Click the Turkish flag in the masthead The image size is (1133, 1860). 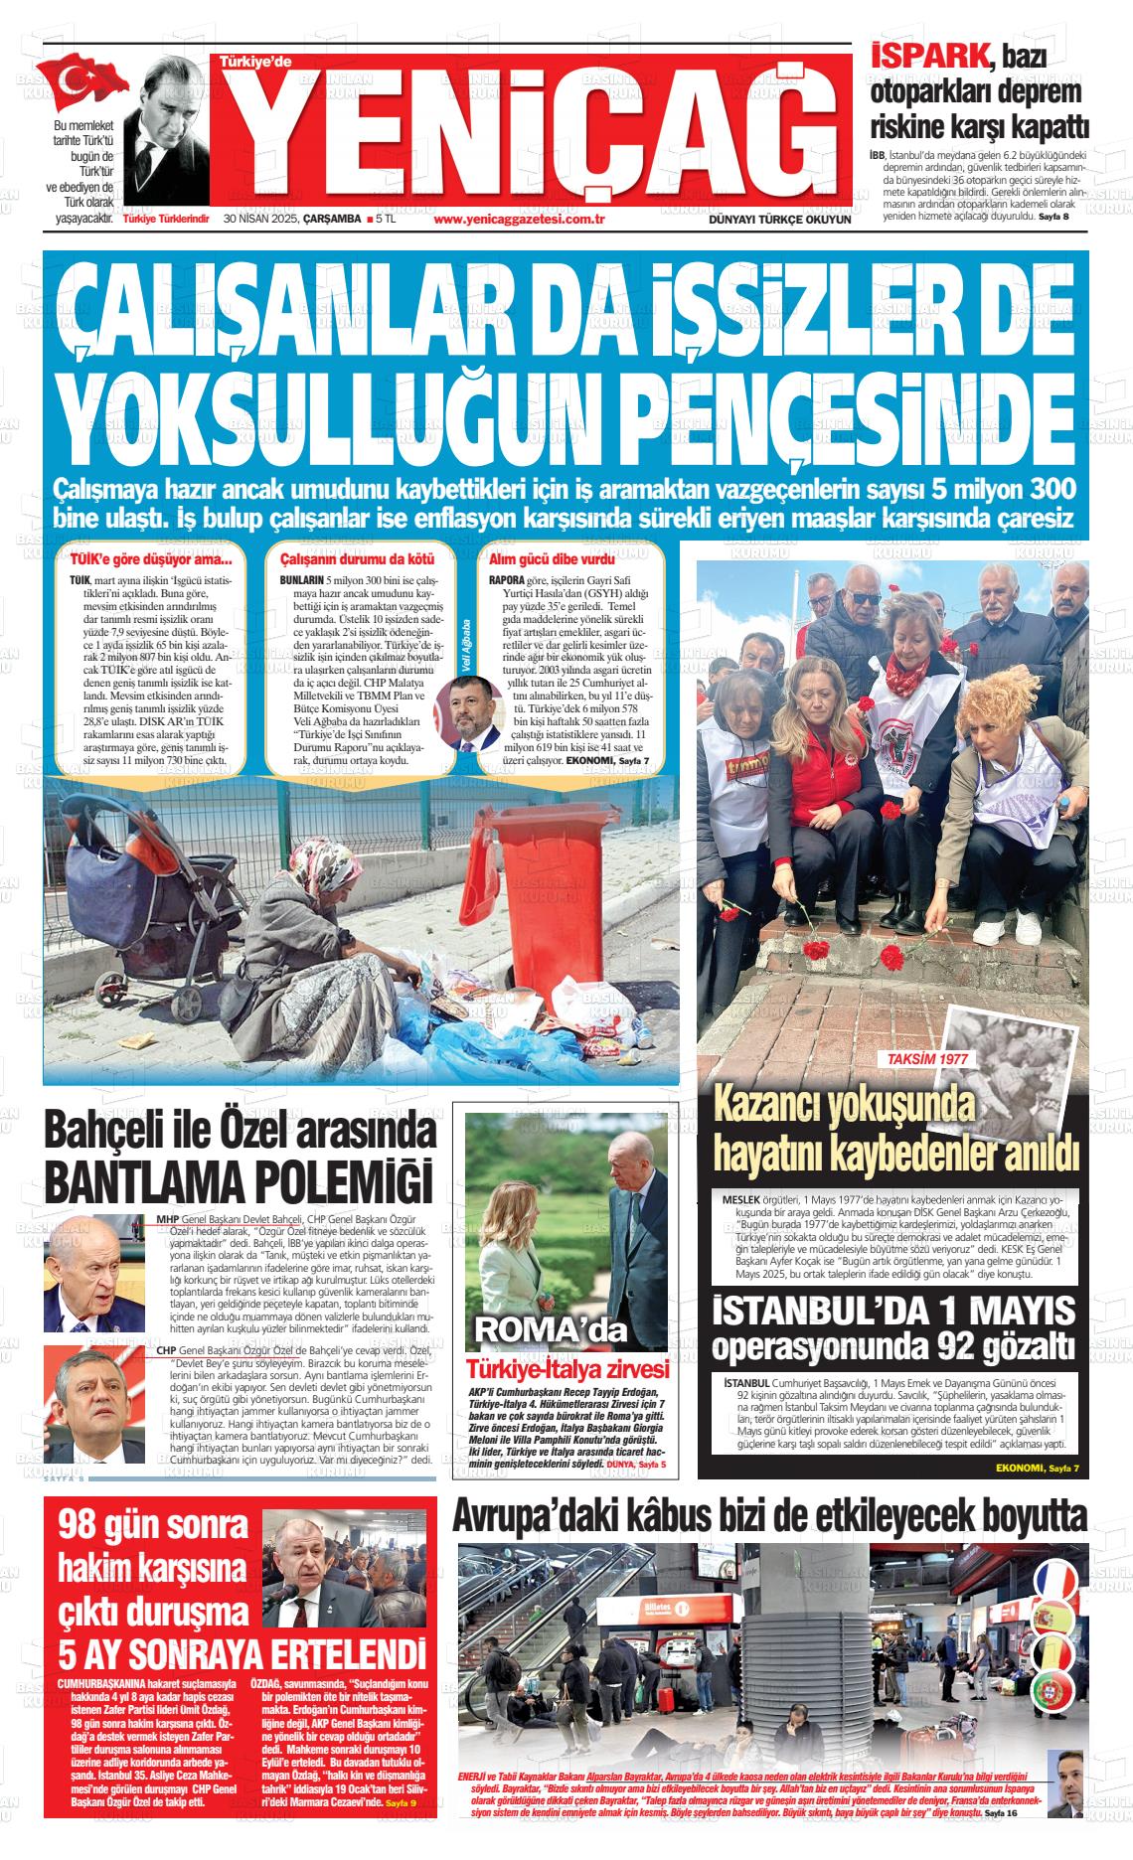(88, 85)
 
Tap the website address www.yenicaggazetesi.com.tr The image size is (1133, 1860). (520, 220)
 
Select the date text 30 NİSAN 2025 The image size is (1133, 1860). (263, 220)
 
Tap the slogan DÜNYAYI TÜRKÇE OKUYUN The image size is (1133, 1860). (779, 220)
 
